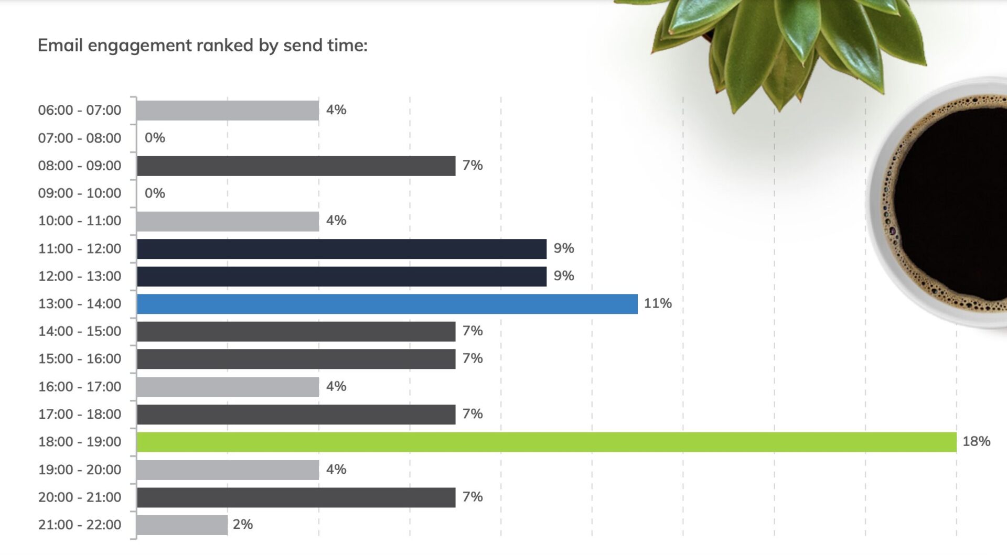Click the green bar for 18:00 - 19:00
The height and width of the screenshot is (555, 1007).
[x=546, y=442]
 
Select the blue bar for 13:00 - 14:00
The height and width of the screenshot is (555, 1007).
[x=387, y=304]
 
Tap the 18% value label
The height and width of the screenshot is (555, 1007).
[x=976, y=441]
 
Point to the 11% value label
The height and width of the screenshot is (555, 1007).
[x=657, y=303]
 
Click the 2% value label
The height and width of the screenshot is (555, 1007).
[x=242, y=524]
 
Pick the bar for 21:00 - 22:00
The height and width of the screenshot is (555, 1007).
[x=181, y=525]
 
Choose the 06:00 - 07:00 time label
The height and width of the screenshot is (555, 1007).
[x=79, y=110]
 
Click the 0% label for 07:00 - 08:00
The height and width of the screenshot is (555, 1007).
[x=155, y=138]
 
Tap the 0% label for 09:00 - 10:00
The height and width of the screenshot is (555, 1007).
[x=155, y=193]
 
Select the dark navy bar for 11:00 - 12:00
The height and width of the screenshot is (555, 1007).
[x=341, y=249]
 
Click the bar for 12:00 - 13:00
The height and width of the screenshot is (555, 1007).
[x=341, y=276]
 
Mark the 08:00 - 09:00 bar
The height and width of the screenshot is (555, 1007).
[x=296, y=166]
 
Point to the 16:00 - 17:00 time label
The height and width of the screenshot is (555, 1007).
[x=79, y=387]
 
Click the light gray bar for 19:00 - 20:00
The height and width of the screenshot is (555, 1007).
[x=228, y=470]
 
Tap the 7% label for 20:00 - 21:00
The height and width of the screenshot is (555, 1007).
[x=472, y=496]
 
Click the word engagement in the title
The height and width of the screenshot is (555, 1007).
[x=140, y=46]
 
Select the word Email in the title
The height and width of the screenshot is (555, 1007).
[x=60, y=46]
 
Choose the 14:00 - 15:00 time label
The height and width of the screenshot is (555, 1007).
[x=79, y=331]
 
